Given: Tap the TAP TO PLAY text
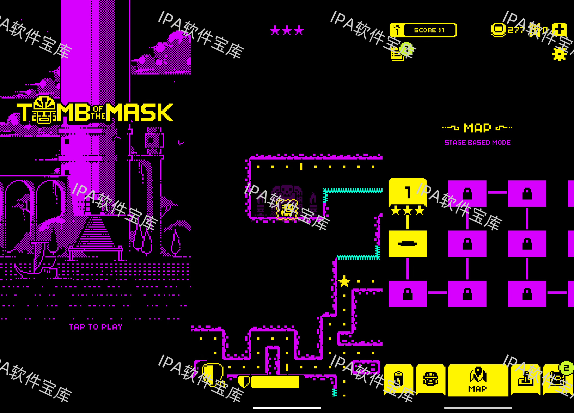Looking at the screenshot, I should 96,327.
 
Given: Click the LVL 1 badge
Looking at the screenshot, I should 397,30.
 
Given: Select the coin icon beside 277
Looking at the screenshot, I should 498,30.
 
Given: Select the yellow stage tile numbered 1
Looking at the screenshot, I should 407,192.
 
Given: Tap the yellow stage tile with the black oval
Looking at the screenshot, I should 407,243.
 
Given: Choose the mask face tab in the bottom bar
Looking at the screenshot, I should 430,379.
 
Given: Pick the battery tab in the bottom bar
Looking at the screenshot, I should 398,379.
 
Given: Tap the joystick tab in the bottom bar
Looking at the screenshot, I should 525,379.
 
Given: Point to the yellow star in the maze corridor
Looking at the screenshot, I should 344,281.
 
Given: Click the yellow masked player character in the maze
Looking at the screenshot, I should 287,209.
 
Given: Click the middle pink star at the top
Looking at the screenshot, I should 287,30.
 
